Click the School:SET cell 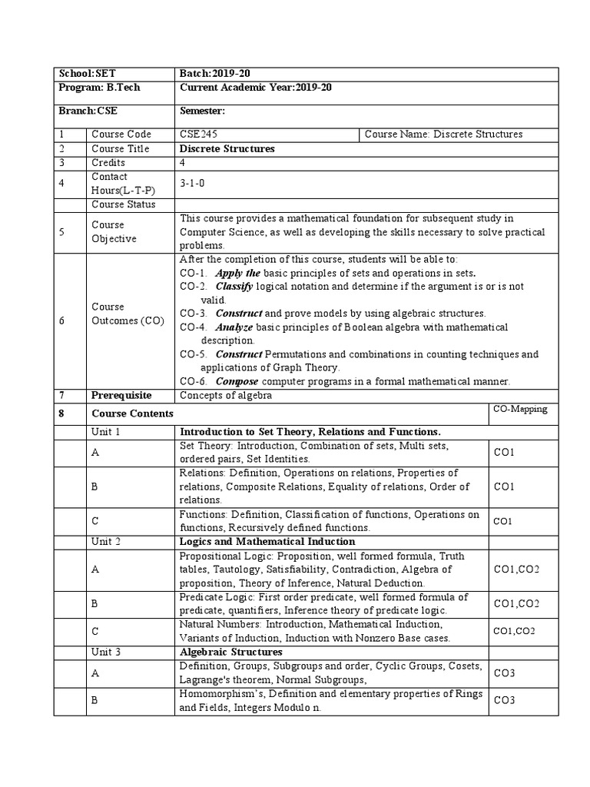point(87,74)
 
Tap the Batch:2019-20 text point(215,74)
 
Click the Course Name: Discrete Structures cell point(443,134)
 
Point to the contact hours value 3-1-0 point(192,184)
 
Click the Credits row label point(108,163)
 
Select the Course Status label point(123,204)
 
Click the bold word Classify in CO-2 point(234,286)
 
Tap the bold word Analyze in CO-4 point(234,327)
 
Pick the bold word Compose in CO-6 point(237,381)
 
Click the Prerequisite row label point(121,395)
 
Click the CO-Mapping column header point(520,409)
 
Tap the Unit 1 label point(106,432)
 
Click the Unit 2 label point(106,541)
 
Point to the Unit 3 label point(106,651)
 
